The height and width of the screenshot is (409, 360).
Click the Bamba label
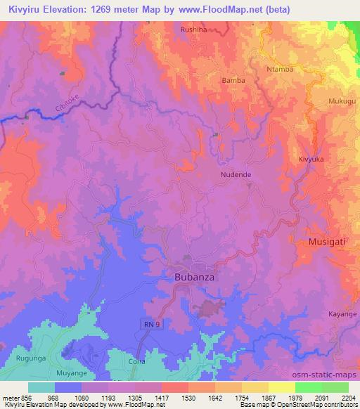[233, 81]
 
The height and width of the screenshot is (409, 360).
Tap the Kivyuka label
[311, 160]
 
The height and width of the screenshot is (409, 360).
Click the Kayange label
[342, 314]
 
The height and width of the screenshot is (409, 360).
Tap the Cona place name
[138, 362]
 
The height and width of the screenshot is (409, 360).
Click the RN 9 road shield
[143, 323]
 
